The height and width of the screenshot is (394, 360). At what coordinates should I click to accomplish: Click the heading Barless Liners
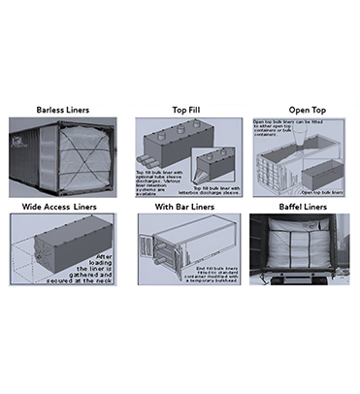63,110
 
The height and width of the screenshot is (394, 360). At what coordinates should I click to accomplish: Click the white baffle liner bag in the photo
296,252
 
